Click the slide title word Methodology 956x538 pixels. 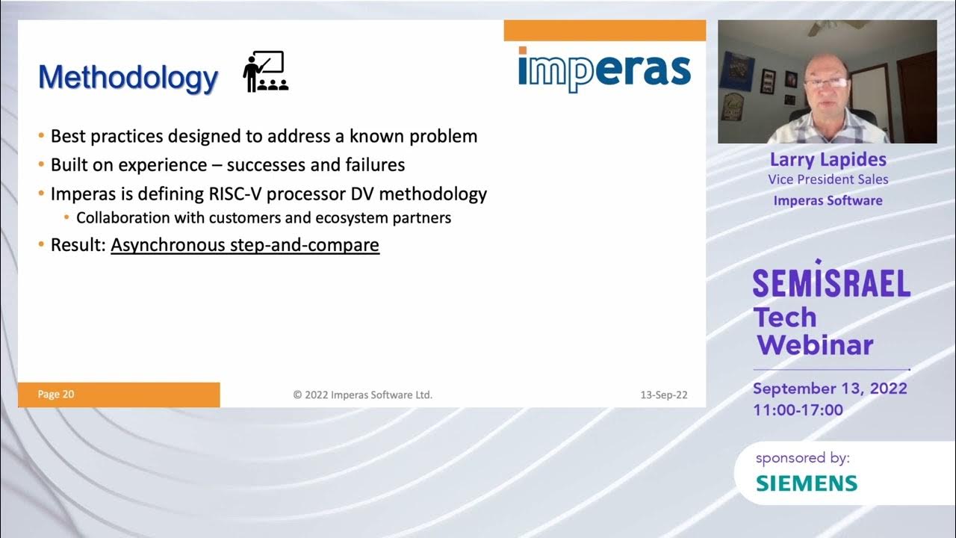(128, 77)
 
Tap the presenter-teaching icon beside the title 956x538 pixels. (265, 72)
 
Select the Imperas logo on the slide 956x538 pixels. (603, 69)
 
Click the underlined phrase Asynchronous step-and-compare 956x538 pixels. (245, 244)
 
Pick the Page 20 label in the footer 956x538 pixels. (56, 395)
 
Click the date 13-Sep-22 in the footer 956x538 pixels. (663, 395)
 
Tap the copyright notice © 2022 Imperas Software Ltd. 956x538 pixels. (362, 395)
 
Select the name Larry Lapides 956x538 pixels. (828, 160)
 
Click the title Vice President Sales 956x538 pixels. (828, 179)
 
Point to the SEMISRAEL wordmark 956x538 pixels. (831, 282)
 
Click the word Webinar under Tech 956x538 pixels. (816, 344)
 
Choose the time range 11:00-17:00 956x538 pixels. (798, 409)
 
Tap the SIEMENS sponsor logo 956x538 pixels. (807, 483)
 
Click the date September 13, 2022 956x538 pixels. (830, 389)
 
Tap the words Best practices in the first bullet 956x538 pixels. (106, 136)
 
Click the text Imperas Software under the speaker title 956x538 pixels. (828, 200)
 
